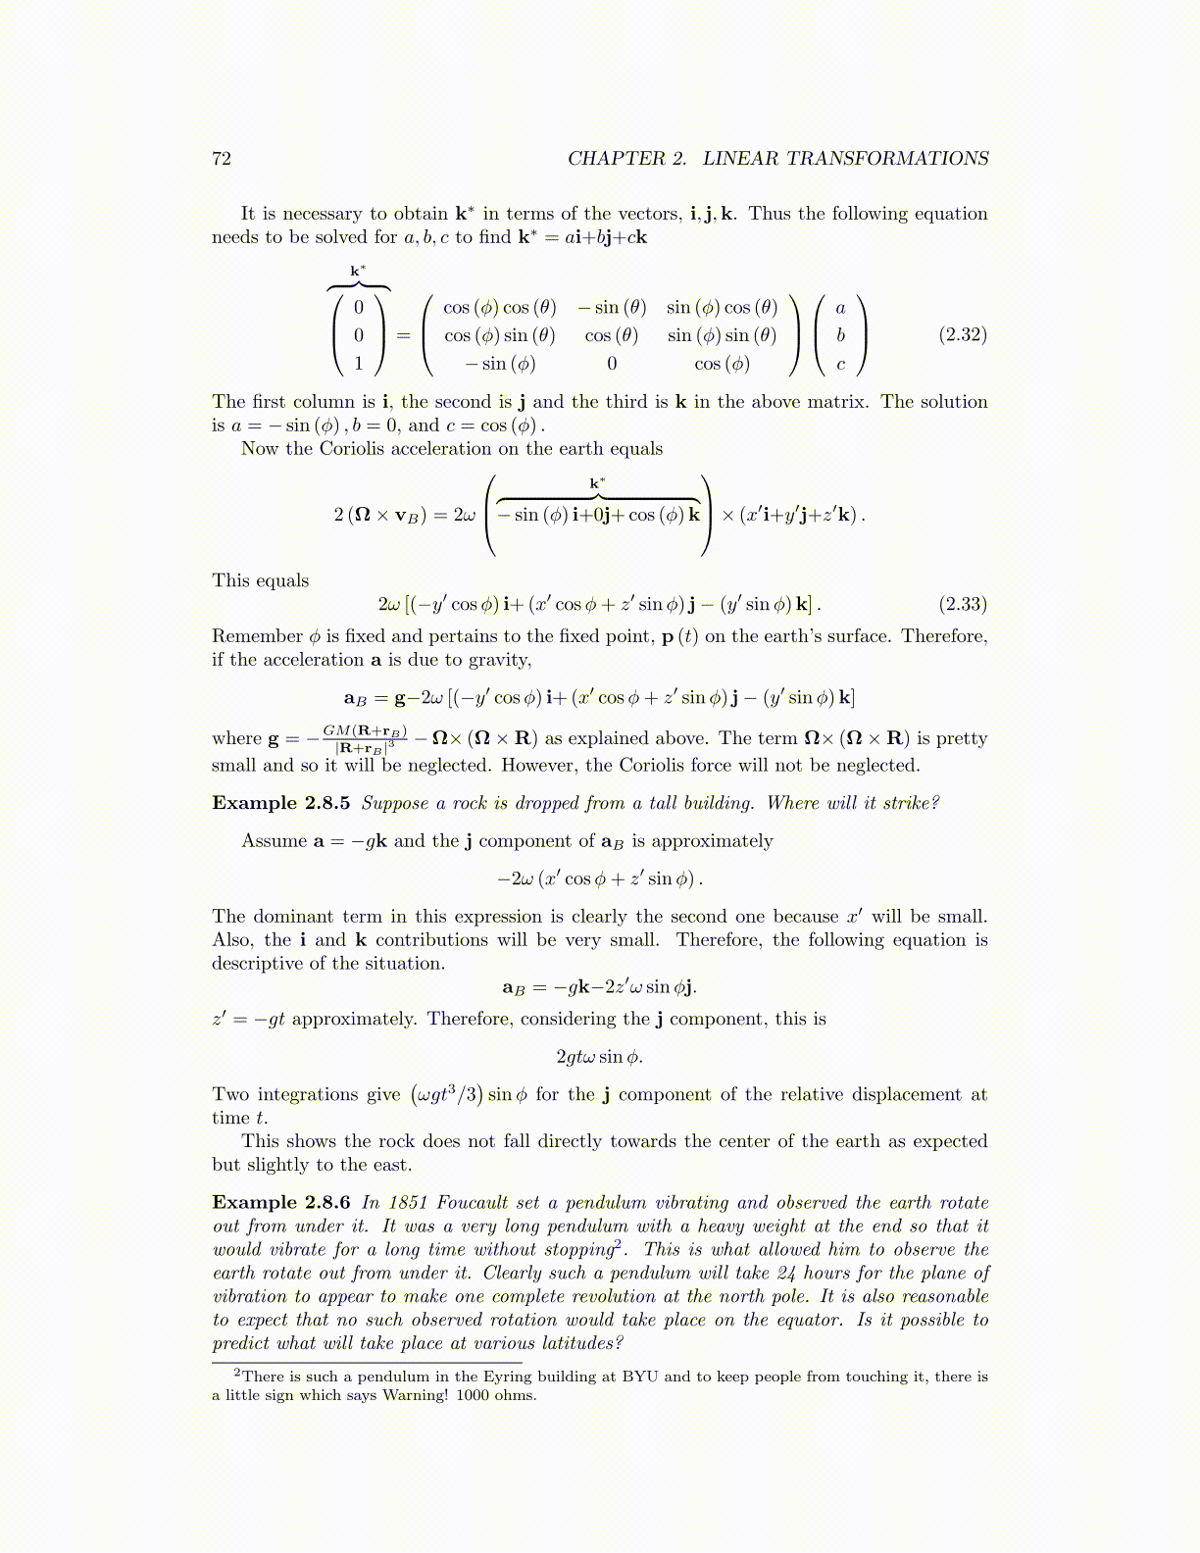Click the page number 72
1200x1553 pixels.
point(222,159)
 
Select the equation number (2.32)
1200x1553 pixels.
point(962,334)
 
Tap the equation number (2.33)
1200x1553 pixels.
point(962,604)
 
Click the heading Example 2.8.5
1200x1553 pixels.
point(280,803)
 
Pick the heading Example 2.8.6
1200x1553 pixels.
point(280,1202)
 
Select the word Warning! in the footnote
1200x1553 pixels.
point(418,1395)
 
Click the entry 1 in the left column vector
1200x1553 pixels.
point(359,364)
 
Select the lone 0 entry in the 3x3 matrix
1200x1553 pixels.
point(612,364)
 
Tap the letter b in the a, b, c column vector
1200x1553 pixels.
point(840,335)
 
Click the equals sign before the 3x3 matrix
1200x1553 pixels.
point(403,335)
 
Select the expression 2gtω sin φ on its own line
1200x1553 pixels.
point(599,1057)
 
